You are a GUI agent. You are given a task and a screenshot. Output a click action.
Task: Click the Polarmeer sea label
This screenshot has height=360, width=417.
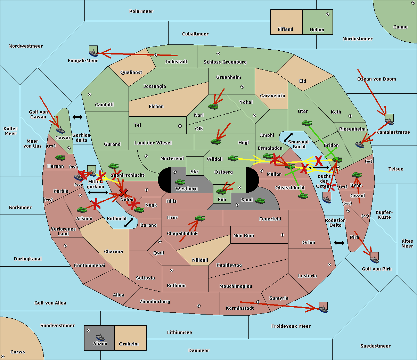141,11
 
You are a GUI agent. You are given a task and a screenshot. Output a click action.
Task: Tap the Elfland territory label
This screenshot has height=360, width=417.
285,30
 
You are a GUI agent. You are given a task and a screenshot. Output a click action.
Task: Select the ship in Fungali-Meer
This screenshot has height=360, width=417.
93,52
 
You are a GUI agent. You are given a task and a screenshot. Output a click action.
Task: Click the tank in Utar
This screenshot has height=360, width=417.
306,123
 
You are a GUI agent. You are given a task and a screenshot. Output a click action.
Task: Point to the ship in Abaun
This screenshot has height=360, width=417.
100,337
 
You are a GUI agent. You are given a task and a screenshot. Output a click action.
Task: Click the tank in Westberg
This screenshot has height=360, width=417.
180,182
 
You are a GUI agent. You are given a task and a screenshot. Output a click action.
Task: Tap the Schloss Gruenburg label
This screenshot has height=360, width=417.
225,62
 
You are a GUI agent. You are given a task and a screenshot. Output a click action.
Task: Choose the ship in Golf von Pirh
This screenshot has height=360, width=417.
374,259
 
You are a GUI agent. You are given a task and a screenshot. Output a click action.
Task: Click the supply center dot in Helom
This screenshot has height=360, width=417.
327,14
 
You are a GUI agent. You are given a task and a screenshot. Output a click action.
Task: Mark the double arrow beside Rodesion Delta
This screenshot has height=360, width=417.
339,243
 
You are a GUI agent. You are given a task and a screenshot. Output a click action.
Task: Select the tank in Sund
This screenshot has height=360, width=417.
260,201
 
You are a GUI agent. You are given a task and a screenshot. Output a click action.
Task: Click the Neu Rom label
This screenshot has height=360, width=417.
244,236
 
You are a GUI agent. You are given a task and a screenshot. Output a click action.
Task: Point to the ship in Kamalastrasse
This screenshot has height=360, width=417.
390,120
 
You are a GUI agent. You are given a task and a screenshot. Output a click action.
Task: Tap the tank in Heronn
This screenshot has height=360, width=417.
60,158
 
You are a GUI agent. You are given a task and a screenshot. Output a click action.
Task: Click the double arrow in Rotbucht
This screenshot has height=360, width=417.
129,223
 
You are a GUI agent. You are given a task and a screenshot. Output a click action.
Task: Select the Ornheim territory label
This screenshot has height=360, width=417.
129,344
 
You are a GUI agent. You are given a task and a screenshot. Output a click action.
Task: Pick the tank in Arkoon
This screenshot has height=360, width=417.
82,210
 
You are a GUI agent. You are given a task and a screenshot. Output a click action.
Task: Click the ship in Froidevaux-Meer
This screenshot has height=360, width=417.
323,308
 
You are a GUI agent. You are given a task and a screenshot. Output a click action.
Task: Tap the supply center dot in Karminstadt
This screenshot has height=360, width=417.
258,302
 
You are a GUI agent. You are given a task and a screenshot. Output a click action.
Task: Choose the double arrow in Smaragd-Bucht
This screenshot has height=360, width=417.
288,137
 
